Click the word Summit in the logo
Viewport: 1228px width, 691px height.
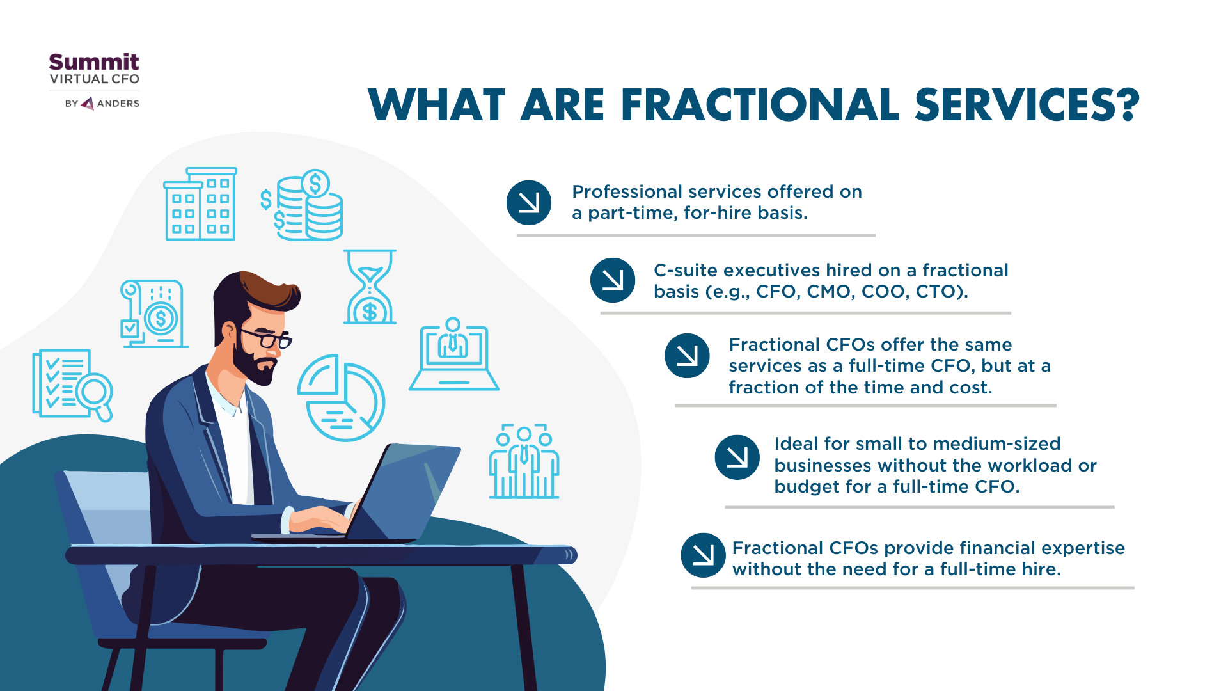94,62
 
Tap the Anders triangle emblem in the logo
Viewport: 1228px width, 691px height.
88,103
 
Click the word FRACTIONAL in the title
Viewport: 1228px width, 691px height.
760,105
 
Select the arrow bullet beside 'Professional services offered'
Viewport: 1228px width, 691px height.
529,203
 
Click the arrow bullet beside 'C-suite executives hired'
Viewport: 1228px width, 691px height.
613,280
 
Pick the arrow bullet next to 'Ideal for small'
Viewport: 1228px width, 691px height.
737,457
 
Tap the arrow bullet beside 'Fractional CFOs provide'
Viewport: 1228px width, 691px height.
704,555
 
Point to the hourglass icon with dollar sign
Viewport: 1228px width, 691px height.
370,287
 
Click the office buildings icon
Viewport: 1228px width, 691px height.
201,204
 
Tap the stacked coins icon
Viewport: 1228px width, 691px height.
302,205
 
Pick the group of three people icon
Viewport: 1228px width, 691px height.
524,461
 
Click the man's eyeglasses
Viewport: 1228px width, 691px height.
267,338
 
